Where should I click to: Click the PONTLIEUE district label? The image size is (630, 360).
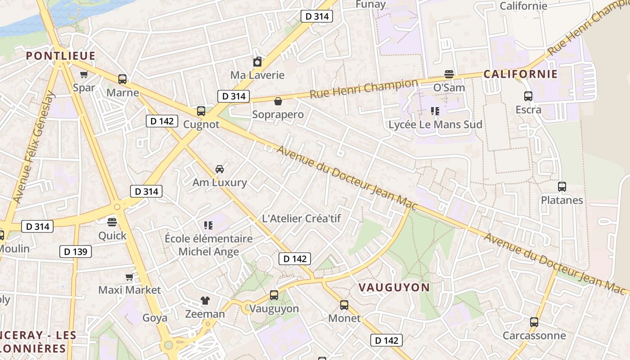click(61, 56)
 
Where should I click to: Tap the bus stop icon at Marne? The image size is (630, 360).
click(122, 79)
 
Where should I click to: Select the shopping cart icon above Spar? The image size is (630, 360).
click(84, 75)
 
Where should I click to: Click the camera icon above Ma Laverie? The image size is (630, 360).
click(257, 62)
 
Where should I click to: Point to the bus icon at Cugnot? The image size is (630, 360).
click(201, 111)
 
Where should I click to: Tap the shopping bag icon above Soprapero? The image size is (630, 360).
click(278, 101)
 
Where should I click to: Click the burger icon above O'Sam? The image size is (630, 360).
click(449, 74)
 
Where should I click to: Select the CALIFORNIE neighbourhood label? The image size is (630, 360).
click(521, 74)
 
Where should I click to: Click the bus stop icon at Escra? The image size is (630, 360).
click(528, 96)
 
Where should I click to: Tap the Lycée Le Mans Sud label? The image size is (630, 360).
click(435, 125)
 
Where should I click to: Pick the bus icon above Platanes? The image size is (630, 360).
click(562, 187)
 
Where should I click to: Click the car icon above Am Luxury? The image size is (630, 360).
click(220, 169)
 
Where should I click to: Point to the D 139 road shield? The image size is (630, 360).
click(76, 252)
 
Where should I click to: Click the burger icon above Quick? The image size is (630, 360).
click(112, 222)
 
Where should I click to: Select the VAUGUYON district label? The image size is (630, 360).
click(394, 287)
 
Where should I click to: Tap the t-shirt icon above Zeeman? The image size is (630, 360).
click(205, 301)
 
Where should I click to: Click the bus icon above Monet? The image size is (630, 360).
click(344, 305)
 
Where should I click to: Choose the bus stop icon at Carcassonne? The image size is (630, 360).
click(534, 322)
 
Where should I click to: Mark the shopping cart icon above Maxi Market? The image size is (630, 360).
click(130, 277)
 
